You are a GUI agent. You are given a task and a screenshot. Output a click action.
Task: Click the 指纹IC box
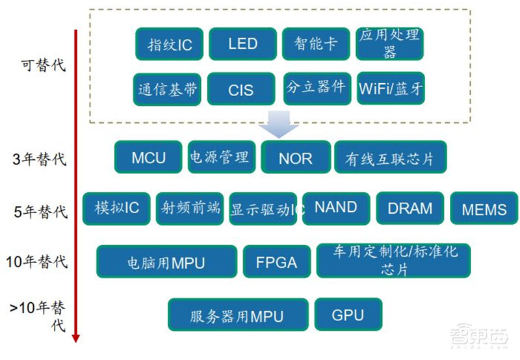(169, 44)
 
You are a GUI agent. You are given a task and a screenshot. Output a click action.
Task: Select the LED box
(242, 44)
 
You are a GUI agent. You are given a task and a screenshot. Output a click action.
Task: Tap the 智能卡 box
(316, 44)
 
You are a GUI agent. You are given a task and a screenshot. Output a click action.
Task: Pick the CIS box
(240, 89)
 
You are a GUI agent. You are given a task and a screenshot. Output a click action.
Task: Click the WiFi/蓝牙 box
(391, 89)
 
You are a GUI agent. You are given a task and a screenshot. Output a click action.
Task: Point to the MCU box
(148, 157)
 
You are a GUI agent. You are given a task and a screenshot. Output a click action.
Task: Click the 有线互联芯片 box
(391, 158)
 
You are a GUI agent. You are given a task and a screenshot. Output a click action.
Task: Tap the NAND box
(335, 208)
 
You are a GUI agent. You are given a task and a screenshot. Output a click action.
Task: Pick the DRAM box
(409, 209)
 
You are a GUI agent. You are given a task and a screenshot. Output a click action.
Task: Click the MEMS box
(484, 209)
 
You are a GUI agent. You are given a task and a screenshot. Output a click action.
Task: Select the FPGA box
(276, 262)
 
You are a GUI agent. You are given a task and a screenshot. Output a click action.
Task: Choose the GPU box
(348, 315)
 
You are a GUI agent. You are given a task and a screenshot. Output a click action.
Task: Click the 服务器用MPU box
(237, 316)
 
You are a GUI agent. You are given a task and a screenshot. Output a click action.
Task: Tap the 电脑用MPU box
(166, 262)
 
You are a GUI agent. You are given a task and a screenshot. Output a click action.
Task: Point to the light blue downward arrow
(279, 124)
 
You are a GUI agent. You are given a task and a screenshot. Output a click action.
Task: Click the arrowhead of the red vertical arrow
(76, 337)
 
